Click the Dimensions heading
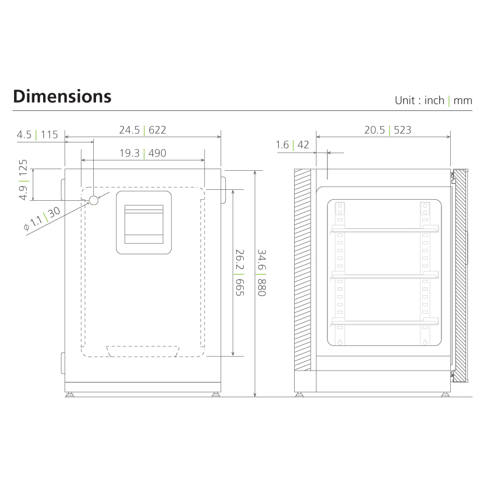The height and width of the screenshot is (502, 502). pyautogui.click(x=62, y=96)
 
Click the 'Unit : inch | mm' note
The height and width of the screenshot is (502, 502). pyautogui.click(x=433, y=100)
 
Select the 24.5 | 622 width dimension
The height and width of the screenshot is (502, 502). pyautogui.click(x=142, y=130)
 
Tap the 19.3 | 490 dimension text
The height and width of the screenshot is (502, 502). pyautogui.click(x=142, y=153)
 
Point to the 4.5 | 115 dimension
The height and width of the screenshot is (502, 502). pyautogui.click(x=37, y=134)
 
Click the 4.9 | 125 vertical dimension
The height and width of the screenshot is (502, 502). pyautogui.click(x=23, y=180)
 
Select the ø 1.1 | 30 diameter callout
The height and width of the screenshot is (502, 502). pyautogui.click(x=42, y=218)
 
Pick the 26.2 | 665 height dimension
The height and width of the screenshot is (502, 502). pyautogui.click(x=238, y=273)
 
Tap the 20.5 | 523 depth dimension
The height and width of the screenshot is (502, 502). pyautogui.click(x=387, y=130)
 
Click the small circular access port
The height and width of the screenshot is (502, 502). pyautogui.click(x=94, y=200)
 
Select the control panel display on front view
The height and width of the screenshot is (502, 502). pyautogui.click(x=144, y=223)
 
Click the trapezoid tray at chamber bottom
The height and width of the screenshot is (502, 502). pyautogui.click(x=144, y=351)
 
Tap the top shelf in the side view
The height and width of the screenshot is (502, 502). pyautogui.click(x=384, y=230)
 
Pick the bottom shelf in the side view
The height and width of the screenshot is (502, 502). pyautogui.click(x=384, y=322)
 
